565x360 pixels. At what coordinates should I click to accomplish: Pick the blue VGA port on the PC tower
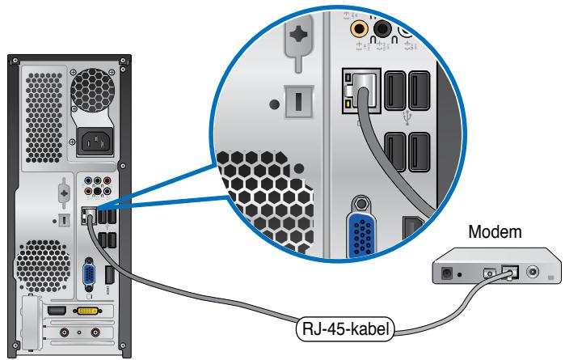(x=91, y=272)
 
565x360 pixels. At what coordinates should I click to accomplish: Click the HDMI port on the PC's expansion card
(x=57, y=311)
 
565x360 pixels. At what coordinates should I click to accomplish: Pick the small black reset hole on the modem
(x=460, y=274)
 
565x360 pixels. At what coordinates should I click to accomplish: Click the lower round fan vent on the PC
(x=38, y=266)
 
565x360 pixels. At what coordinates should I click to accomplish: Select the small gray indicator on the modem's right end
(x=551, y=277)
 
